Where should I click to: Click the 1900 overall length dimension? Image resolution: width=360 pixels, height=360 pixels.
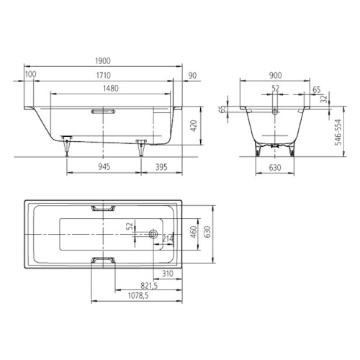[x=103, y=61]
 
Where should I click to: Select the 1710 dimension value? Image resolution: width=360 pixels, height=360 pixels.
[x=104, y=76]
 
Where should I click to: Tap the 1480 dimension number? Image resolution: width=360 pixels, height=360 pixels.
[x=111, y=89]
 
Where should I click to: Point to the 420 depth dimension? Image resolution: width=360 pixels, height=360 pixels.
[x=194, y=125]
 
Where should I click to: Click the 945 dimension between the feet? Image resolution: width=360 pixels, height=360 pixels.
[x=104, y=167]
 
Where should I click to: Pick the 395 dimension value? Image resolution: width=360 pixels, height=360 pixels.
[x=161, y=167]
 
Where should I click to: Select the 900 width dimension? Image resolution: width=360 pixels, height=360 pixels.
[x=275, y=76]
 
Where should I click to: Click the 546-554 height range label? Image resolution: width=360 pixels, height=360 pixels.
[x=338, y=132]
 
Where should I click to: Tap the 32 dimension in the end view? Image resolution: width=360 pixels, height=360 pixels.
[x=324, y=98]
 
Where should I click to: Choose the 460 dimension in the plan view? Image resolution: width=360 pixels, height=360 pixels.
[x=194, y=232]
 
